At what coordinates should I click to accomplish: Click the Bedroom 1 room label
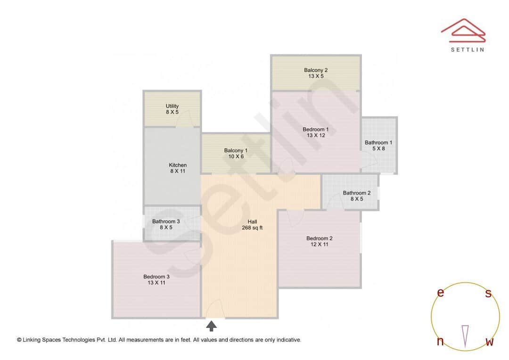tap(315, 129)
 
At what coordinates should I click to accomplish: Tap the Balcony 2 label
tap(315, 70)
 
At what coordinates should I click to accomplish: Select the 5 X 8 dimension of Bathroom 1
tap(378, 149)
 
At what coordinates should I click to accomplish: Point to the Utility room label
tap(172, 106)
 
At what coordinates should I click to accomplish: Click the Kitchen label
tap(178, 165)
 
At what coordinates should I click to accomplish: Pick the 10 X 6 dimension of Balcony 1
tap(236, 156)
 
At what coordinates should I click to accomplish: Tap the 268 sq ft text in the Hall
tap(252, 228)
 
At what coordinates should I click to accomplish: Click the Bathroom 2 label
tap(356, 193)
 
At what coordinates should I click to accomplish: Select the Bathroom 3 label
tap(165, 221)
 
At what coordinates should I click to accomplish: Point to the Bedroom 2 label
tap(319, 238)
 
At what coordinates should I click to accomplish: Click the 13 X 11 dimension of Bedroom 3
tap(156, 283)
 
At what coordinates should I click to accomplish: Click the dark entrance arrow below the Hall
tap(212, 326)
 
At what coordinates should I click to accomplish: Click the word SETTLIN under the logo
tap(467, 49)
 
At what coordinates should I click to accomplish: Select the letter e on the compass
tap(440, 293)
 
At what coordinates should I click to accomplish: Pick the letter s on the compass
tap(488, 293)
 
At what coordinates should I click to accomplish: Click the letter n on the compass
tap(440, 342)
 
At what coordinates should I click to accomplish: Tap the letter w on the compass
tap(489, 342)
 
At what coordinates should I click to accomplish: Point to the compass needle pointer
tap(465, 336)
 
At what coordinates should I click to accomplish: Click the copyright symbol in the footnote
tap(19, 340)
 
